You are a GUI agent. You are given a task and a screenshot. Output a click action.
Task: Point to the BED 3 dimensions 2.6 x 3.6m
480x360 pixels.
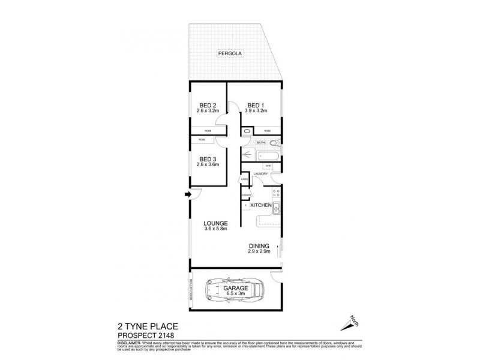208,164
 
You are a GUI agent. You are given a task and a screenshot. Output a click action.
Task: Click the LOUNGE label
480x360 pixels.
215,223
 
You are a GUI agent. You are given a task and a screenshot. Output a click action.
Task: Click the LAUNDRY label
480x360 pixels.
260,174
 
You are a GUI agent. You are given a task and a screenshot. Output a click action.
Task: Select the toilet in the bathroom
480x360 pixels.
274,143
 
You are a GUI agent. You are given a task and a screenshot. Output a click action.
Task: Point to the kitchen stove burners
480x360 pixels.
277,193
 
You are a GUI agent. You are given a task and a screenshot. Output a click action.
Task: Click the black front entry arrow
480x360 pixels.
187,194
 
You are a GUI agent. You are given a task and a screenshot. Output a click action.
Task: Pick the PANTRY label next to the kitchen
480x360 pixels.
245,195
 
